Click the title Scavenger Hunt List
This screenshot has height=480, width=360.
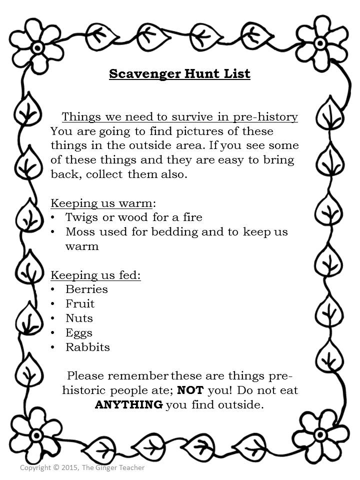point(179,74)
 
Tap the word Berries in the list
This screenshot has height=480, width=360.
point(86,289)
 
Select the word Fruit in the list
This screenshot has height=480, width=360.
point(80,303)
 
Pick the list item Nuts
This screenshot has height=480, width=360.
point(79,318)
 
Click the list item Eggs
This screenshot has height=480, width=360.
point(79,332)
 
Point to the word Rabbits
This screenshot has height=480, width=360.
point(87,347)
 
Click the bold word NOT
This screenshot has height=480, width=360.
point(191,390)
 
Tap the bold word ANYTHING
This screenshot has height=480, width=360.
point(128,404)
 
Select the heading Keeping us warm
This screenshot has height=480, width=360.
point(101,203)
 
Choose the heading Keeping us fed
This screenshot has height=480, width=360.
point(95,275)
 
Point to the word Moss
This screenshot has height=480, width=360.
point(79,231)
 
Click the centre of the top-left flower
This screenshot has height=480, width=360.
point(37,47)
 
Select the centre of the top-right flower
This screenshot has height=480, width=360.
point(320,43)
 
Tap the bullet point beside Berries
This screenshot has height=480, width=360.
point(53,289)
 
